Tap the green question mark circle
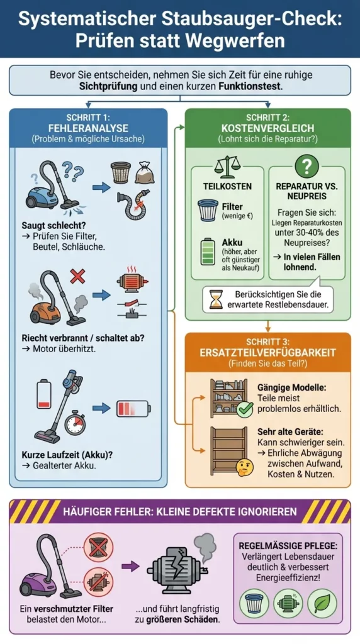pos(307,166)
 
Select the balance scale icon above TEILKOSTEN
pos(227,166)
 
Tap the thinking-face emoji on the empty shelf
pos(244,467)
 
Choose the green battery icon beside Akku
pos(208,250)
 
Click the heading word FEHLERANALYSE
pos(88,128)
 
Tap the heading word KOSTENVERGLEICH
pos(268,128)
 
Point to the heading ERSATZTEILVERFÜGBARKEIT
pos(268,352)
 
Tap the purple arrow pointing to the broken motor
pos(131,567)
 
